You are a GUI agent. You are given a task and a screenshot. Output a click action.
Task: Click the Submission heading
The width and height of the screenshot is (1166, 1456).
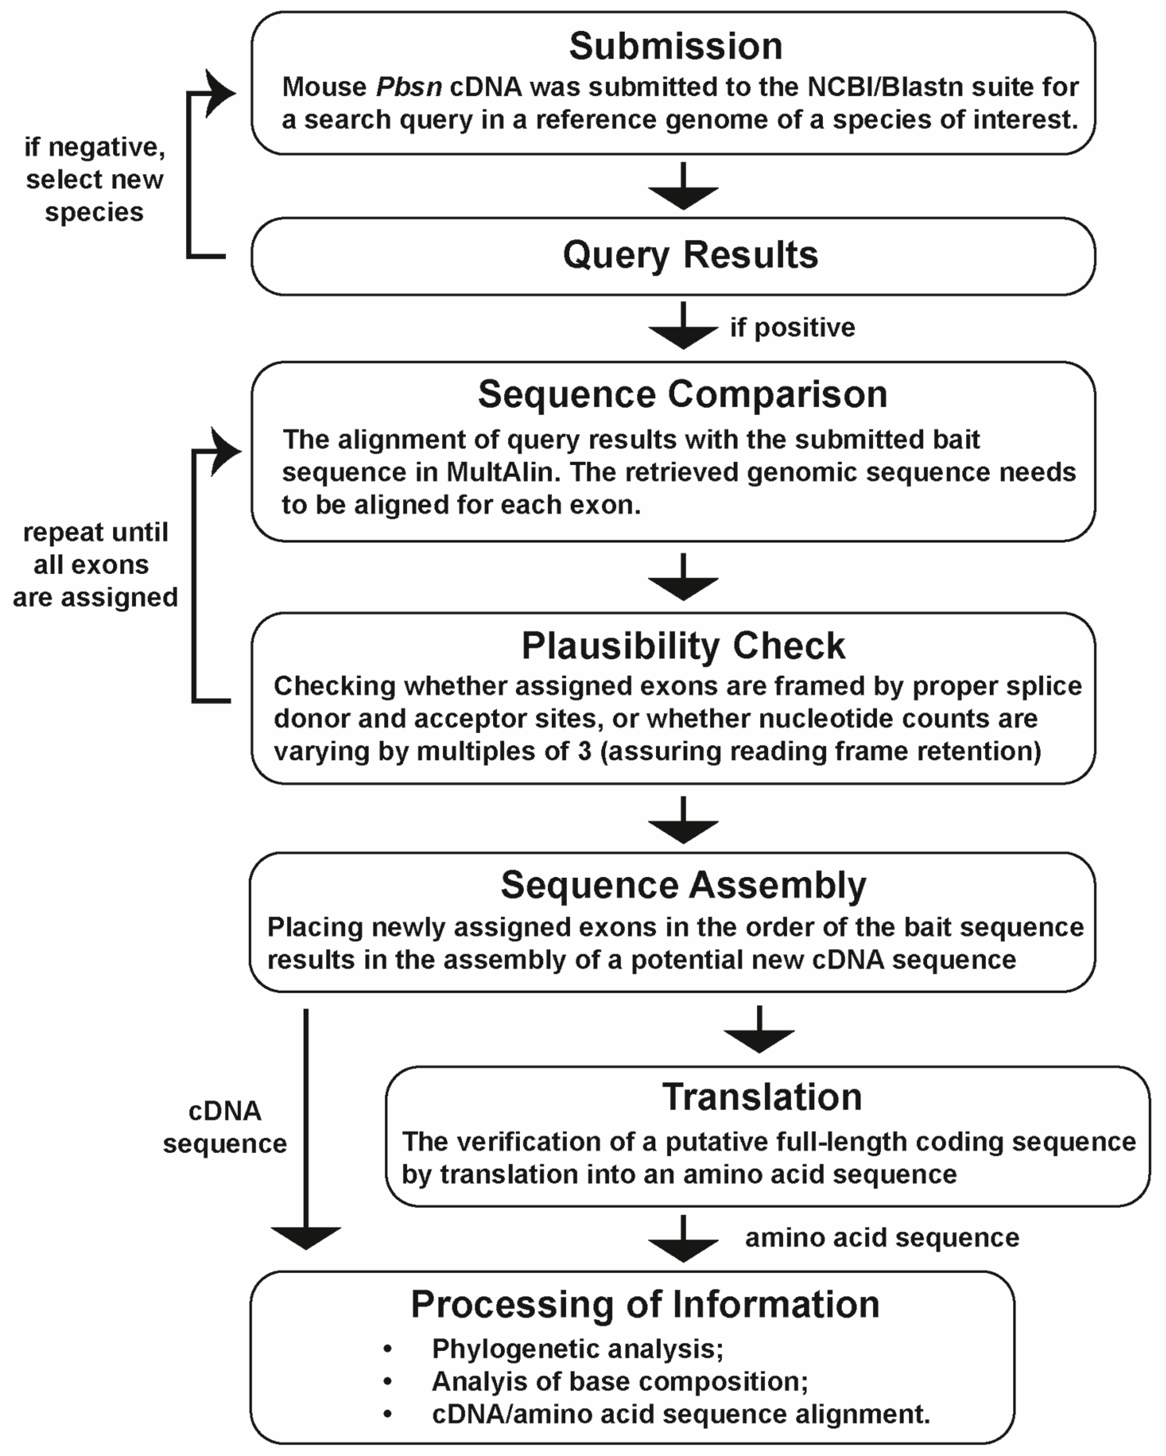pos(675,46)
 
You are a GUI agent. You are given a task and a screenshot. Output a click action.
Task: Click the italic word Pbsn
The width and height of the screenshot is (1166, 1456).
pos(409,87)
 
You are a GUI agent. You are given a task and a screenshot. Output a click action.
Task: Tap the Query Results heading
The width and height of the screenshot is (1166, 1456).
pos(690,255)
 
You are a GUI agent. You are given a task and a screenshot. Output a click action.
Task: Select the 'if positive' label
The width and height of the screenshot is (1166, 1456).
pos(792,328)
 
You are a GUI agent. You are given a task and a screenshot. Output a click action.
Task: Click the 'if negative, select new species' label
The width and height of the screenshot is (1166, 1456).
pos(94,179)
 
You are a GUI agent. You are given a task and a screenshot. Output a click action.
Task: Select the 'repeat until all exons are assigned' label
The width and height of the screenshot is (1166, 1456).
pos(94,564)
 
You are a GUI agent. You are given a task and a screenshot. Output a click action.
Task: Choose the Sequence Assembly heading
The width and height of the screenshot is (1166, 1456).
pos(683,885)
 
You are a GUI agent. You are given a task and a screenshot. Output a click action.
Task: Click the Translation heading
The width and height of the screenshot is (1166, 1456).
pos(762,1097)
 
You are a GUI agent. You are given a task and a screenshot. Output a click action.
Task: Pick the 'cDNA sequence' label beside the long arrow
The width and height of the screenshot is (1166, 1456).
pos(224,1127)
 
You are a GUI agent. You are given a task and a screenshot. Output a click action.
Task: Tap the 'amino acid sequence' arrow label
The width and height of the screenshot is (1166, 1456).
pos(882,1237)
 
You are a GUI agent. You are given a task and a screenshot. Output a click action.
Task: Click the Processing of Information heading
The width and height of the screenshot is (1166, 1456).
pos(645,1303)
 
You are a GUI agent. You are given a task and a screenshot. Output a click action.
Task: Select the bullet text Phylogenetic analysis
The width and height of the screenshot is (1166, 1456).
pos(577,1349)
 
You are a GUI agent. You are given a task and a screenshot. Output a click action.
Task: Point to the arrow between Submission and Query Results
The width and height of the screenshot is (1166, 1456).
pos(683,187)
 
